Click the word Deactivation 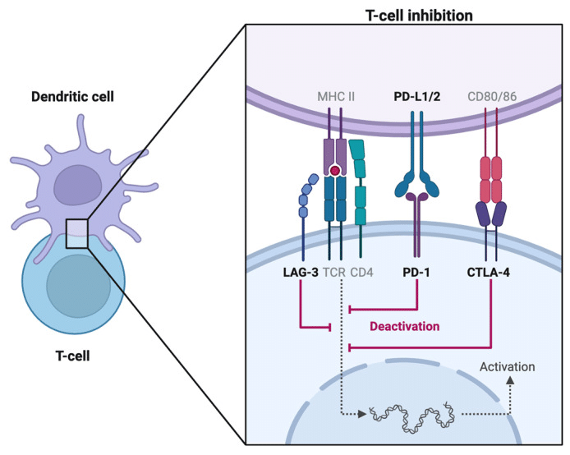[x=404, y=326]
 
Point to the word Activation [x=507, y=366]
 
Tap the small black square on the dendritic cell [x=76, y=233]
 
